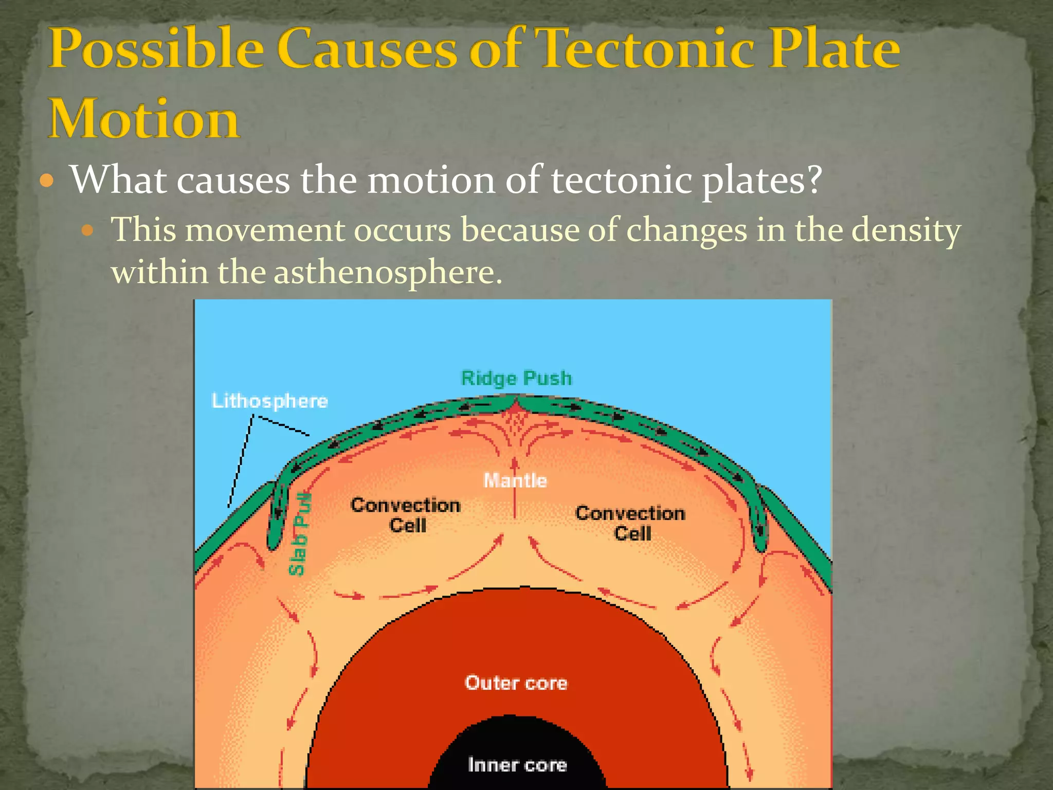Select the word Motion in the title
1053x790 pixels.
[x=143, y=119]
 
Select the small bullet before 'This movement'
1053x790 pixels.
[x=87, y=229]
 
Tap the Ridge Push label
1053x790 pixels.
[x=516, y=379]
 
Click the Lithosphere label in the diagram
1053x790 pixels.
[x=270, y=401]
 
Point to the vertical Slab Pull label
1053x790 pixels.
[x=299, y=534]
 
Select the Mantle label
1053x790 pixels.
[x=515, y=481]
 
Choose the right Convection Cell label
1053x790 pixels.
[x=631, y=523]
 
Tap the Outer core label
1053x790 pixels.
[x=516, y=683]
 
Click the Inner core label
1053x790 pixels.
[x=517, y=765]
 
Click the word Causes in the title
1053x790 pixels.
[x=367, y=49]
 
